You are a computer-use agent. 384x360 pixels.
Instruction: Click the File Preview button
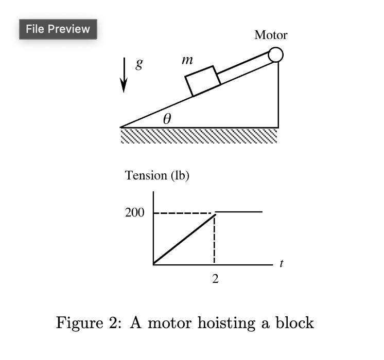click(x=58, y=29)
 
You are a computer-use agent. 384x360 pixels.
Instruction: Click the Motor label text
click(x=271, y=35)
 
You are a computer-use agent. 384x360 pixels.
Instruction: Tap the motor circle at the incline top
click(x=275, y=55)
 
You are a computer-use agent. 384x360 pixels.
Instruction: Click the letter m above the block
click(x=187, y=60)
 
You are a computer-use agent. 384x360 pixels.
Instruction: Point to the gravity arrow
click(x=124, y=75)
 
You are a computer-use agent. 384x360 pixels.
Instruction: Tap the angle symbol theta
click(x=166, y=119)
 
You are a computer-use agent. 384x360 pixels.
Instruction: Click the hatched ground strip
click(x=199, y=136)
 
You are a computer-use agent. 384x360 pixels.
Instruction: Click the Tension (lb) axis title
click(x=157, y=175)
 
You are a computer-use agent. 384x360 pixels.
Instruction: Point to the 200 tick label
click(x=135, y=212)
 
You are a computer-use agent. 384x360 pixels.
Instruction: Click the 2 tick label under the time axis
click(x=215, y=279)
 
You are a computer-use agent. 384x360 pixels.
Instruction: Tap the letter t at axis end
click(x=281, y=264)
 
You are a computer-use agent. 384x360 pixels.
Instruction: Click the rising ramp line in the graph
click(x=184, y=239)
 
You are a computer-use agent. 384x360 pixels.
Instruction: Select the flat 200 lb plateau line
click(x=239, y=211)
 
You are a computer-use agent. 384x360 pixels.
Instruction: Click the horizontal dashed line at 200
click(x=183, y=213)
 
